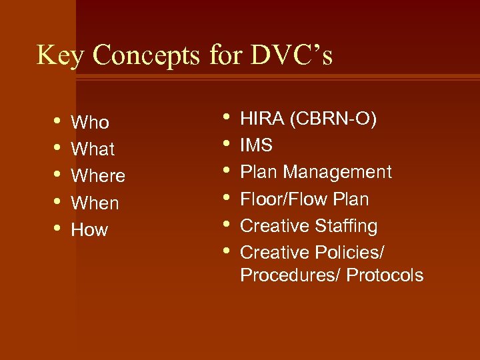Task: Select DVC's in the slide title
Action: click(x=291, y=55)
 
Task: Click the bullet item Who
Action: click(x=90, y=123)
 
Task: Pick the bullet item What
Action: click(x=93, y=149)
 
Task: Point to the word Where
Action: click(x=98, y=176)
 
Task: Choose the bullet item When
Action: click(x=95, y=203)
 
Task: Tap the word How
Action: click(x=89, y=230)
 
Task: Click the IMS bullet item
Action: click(x=257, y=145)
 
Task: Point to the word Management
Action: click(x=337, y=172)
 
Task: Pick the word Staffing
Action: click(x=345, y=226)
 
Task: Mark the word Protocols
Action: click(x=385, y=275)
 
